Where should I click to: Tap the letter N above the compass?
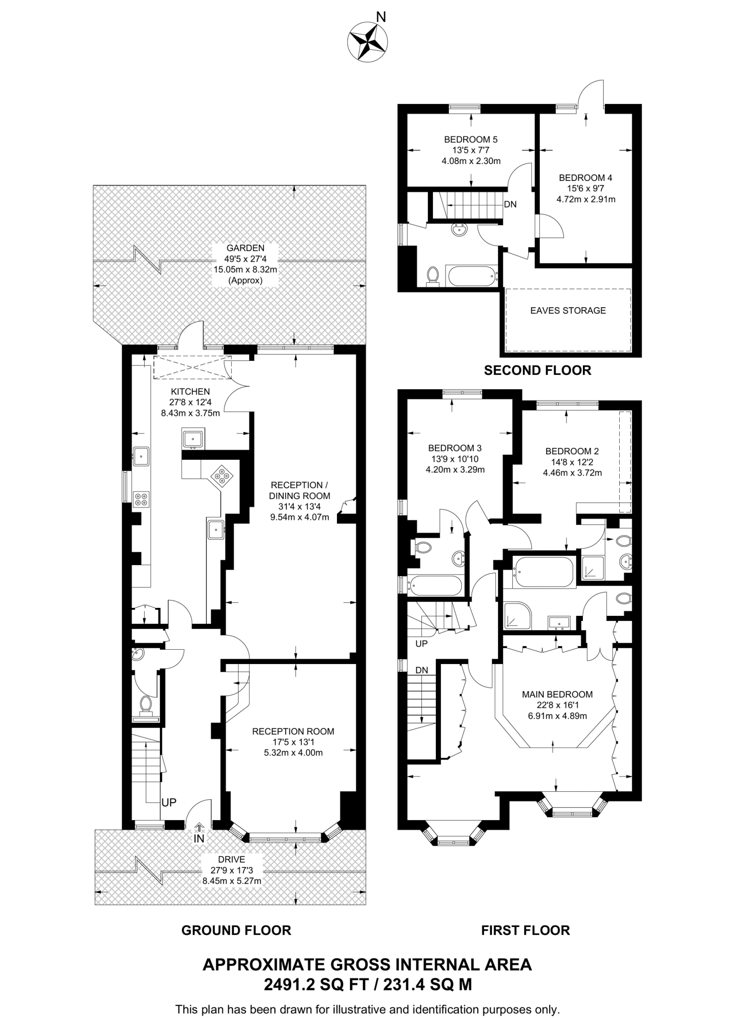381,17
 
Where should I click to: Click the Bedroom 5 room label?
471,140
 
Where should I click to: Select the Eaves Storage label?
568,311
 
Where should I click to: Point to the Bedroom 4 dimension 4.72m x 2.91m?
585,199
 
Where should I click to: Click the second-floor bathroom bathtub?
471,275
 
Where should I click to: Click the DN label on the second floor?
510,204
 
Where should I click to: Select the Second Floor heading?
537,370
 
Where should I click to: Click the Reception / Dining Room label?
299,490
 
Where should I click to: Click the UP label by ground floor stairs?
169,802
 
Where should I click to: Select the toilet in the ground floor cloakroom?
146,705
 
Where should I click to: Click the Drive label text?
232,859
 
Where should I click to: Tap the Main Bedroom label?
557,694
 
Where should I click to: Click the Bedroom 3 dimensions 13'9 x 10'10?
455,459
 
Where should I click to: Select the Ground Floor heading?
236,931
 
